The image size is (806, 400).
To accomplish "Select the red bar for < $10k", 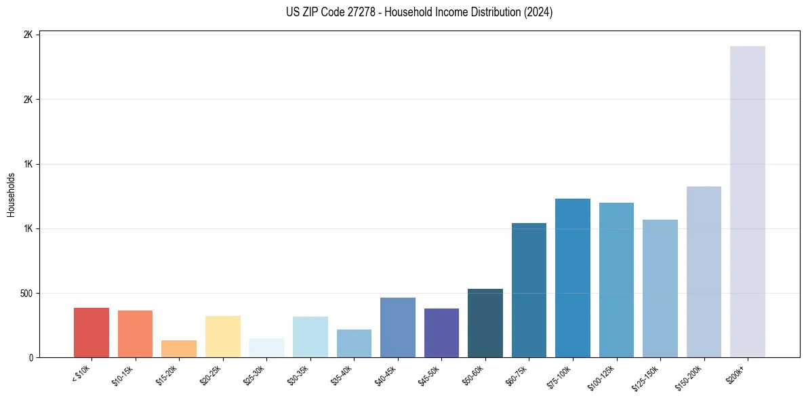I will [x=92, y=332].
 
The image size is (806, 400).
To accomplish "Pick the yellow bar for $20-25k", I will [x=223, y=336].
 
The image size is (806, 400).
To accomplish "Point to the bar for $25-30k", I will [x=266, y=347].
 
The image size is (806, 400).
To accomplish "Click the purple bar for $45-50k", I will [x=441, y=333].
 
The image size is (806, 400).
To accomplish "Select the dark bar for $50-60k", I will [x=485, y=323].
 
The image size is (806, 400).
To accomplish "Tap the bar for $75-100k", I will [x=573, y=278].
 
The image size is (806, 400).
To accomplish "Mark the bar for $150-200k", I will [x=704, y=272].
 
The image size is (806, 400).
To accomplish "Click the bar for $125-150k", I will [x=660, y=288].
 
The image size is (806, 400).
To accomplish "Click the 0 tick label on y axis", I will [x=31, y=358].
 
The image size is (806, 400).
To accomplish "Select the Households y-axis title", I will [x=12, y=195].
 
